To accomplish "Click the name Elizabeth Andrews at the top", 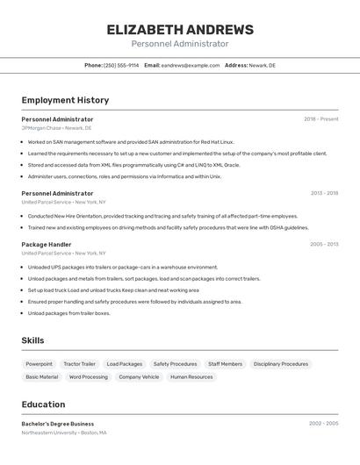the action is pos(180,29).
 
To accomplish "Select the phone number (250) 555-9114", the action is pos(121,66).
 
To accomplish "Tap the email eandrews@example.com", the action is pos(191,66).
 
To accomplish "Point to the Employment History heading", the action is pos(65,100).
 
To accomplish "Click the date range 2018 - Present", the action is pos(321,118).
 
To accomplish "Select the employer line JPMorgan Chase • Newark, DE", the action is pos(56,128).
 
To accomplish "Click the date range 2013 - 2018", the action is pos(324,193).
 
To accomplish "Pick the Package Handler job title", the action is pos(47,245).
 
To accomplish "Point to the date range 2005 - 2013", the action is pos(324,245).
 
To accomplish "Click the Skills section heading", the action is pos(32,340).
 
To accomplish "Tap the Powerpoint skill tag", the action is pos(39,364).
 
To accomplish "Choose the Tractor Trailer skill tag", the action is pos(79,364).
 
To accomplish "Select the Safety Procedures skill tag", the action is pos(175,364).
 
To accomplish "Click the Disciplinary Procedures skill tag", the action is pos(281,364).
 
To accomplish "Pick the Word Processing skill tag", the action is pos(89,377).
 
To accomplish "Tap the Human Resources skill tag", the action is pos(191,377).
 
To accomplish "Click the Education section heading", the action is pos(43,404).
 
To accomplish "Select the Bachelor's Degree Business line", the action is pos(58,424).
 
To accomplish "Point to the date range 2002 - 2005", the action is pos(323,424).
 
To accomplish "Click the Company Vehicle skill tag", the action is pos(139,377).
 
